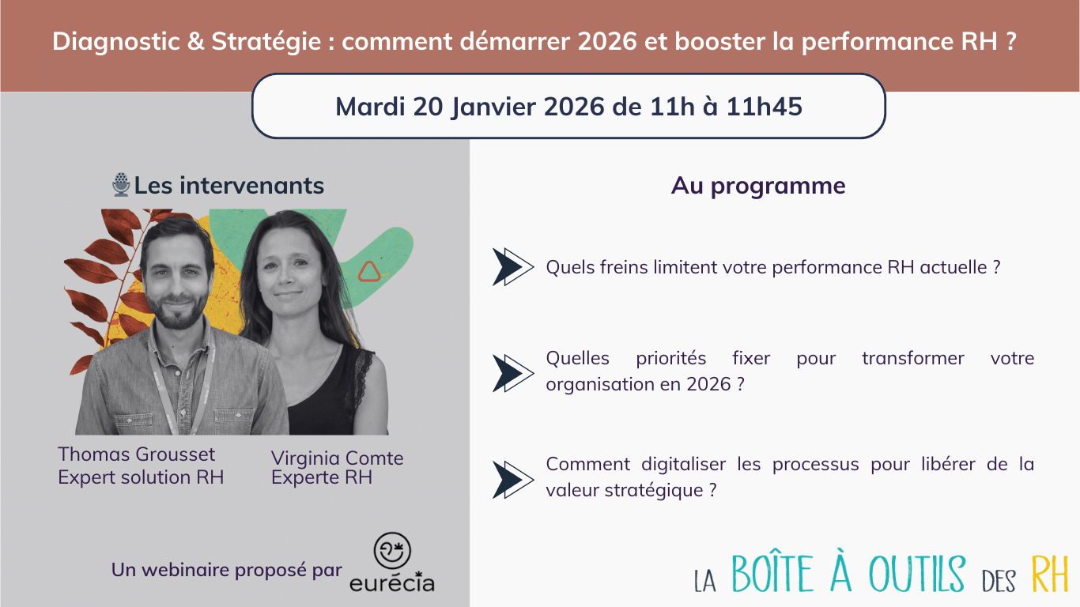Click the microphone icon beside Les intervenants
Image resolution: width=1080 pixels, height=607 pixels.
tap(121, 185)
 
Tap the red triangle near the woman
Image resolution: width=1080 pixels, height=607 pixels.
tap(369, 272)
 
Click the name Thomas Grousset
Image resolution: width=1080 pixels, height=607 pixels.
tap(136, 454)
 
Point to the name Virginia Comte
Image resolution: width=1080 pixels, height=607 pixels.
tap(337, 458)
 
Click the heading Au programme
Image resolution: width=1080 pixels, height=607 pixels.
tap(758, 186)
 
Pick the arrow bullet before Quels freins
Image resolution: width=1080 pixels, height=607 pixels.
tap(512, 267)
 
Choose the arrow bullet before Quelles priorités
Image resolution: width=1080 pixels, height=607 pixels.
tap(512, 372)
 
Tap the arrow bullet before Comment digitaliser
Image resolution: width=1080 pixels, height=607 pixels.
tap(512, 477)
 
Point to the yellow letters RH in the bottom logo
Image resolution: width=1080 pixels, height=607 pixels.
tap(1050, 574)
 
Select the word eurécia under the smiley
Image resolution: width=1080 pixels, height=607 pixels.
tap(391, 583)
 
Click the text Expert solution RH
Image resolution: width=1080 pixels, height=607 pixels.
tap(141, 477)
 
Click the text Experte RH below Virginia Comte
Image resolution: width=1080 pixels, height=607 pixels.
tap(321, 477)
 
